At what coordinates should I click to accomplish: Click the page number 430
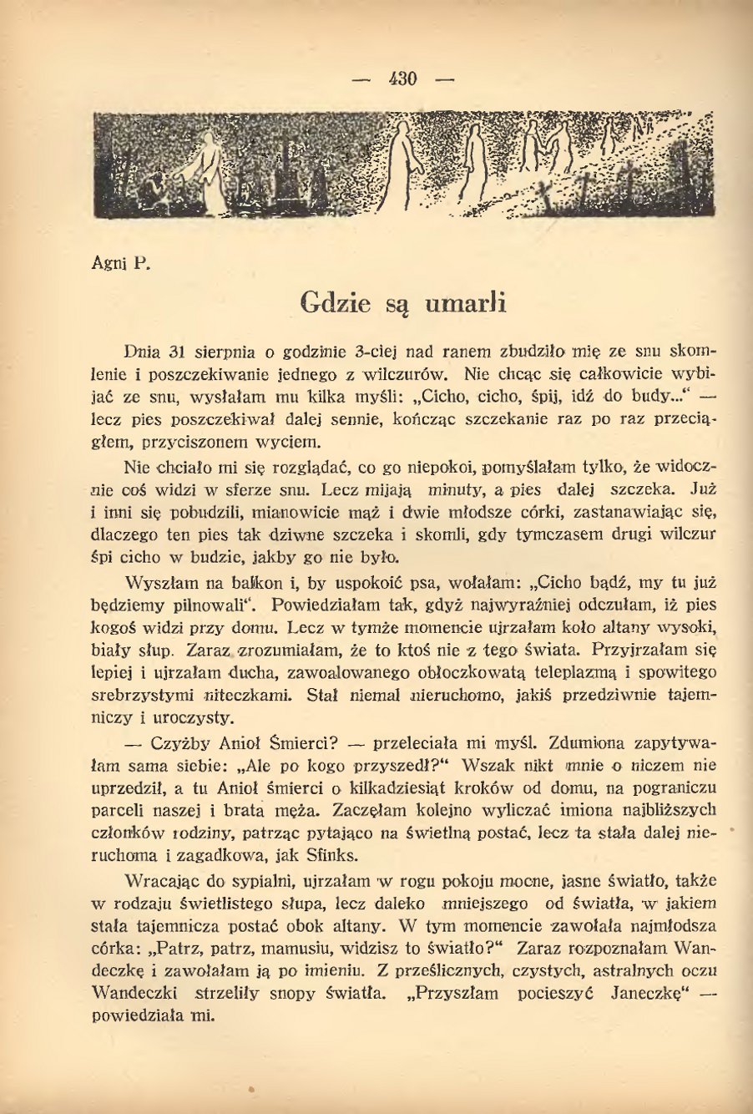[402, 80]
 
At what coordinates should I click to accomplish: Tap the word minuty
[456, 489]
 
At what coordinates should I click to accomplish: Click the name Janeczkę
[648, 994]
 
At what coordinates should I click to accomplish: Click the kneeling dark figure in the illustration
[152, 190]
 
